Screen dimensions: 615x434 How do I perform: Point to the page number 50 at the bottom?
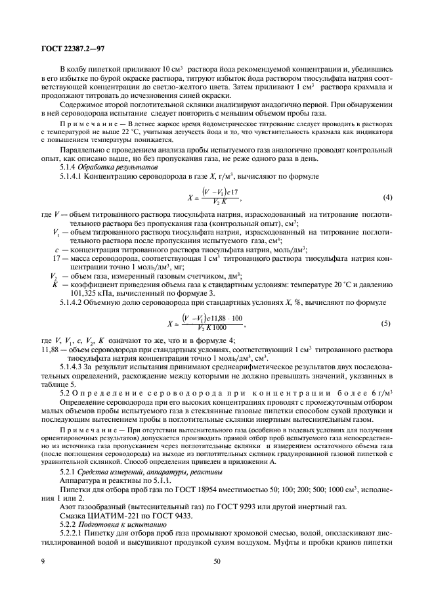point(217,562)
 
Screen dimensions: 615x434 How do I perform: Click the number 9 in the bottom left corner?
point(41,562)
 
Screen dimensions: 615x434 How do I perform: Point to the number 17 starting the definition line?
point(55,260)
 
